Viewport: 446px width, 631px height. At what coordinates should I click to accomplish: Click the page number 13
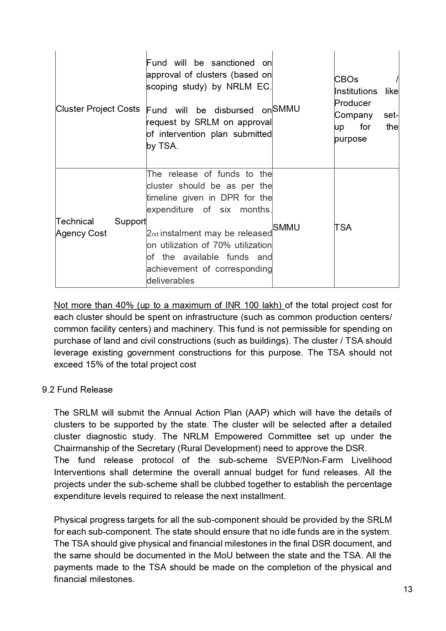pos(408,589)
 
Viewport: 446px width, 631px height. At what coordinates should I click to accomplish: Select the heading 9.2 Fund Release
pos(77,390)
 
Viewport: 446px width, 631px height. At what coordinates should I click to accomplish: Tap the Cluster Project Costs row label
pos(98,109)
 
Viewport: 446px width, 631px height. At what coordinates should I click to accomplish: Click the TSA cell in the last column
pos(343,228)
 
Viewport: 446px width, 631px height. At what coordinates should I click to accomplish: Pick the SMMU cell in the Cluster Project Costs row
pos(286,109)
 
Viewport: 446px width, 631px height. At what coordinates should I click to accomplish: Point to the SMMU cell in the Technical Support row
pos(286,228)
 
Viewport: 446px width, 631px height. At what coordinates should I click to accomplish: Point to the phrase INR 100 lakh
pos(252,305)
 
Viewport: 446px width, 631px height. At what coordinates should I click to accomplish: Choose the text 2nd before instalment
pos(152,234)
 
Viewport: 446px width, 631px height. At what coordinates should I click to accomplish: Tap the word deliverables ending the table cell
pos(171,281)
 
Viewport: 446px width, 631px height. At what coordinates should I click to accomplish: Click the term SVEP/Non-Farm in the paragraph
pos(311,460)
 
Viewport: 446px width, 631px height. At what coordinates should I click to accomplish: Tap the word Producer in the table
pos(353,103)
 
